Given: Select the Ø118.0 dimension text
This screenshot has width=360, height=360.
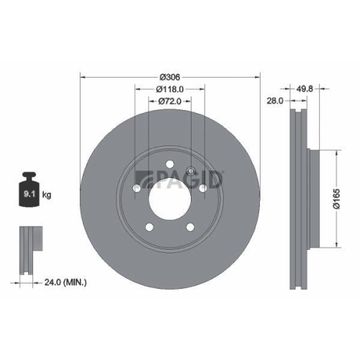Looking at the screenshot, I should (169, 89).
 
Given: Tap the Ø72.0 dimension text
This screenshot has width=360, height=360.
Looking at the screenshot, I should (169, 102).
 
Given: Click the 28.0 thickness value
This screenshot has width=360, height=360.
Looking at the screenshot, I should (274, 101).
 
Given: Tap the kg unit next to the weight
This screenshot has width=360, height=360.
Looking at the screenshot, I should (47, 194).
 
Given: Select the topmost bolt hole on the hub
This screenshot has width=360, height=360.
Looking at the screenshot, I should (169, 163).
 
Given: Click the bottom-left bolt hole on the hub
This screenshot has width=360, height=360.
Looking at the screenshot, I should (150, 227).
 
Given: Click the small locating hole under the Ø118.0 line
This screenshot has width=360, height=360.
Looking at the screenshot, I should (191, 170).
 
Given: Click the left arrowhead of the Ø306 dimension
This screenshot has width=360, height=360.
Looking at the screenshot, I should (82, 76).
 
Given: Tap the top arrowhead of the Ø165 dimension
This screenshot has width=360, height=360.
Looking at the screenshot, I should (336, 152).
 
